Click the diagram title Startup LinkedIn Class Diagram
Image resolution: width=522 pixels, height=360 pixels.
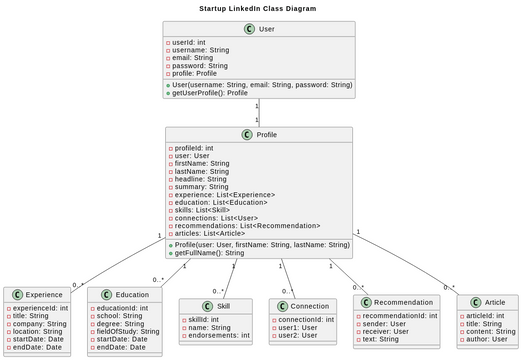[258, 8]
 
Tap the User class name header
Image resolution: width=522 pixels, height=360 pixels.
[266, 29]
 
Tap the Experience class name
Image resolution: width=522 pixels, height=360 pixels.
[43, 295]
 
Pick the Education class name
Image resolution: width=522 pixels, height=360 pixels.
[131, 295]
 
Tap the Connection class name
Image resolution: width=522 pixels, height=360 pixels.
[309, 305]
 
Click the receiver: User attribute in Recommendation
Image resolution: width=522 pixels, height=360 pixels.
[387, 331]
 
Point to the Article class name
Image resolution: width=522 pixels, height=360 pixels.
[494, 301]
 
